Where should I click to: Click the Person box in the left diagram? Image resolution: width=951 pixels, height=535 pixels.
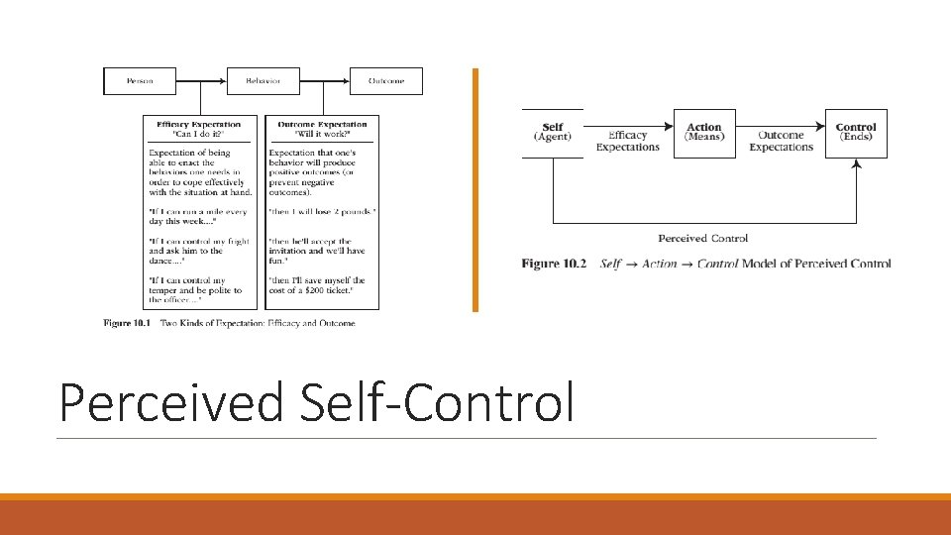pos(140,81)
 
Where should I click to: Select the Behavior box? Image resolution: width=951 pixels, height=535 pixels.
pos(263,81)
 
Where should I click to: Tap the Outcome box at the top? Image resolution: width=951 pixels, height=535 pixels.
pos(385,81)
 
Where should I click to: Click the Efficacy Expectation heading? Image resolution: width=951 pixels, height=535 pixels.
pos(198,124)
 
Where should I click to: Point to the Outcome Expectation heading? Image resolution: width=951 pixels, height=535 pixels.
pos(322,124)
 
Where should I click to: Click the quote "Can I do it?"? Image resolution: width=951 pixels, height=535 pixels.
pos(198,133)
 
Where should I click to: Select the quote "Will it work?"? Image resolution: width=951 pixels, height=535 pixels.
pos(322,133)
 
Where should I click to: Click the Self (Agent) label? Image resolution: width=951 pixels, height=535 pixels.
pos(553,132)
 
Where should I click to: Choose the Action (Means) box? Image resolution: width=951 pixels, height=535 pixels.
pos(704,133)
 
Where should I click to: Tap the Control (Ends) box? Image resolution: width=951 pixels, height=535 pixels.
pos(856,133)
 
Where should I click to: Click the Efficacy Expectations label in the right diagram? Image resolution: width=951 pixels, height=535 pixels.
pos(627,141)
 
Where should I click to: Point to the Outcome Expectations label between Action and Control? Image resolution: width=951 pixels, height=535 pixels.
pos(781,141)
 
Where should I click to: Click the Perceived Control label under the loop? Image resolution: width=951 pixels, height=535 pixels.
pos(703,238)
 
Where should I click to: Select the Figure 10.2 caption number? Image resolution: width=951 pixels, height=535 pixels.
pos(554,264)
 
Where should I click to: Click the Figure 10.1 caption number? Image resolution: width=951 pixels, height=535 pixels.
pos(128,323)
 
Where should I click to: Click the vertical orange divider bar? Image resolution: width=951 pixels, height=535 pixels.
pos(475,189)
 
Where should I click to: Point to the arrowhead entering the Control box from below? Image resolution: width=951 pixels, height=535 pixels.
pos(856,163)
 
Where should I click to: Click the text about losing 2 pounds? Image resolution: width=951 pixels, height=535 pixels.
pos(322,212)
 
